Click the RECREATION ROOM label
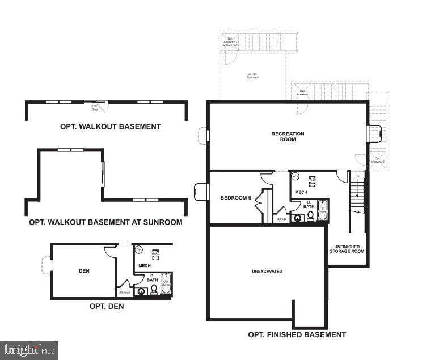(288, 137)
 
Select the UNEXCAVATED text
(267, 272)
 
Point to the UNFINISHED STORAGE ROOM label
(347, 249)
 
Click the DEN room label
(84, 271)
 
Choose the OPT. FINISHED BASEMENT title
(297, 334)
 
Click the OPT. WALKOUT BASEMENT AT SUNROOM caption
(105, 222)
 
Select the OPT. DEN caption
(107, 306)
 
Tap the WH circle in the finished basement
(295, 176)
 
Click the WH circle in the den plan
(139, 249)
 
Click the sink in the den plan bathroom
(141, 291)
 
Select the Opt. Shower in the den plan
(166, 283)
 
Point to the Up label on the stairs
(357, 176)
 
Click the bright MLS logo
(29, 350)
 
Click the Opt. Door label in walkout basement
(95, 107)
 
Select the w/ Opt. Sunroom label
(252, 75)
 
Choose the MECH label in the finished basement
(301, 193)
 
